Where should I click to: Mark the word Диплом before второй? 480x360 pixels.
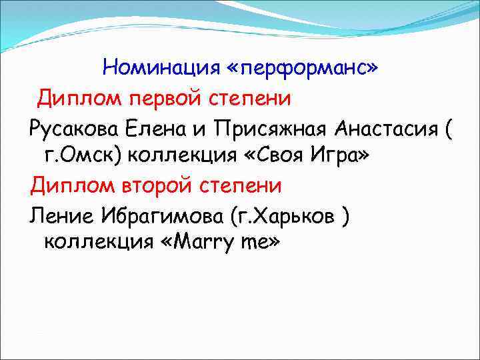click(x=68, y=185)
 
